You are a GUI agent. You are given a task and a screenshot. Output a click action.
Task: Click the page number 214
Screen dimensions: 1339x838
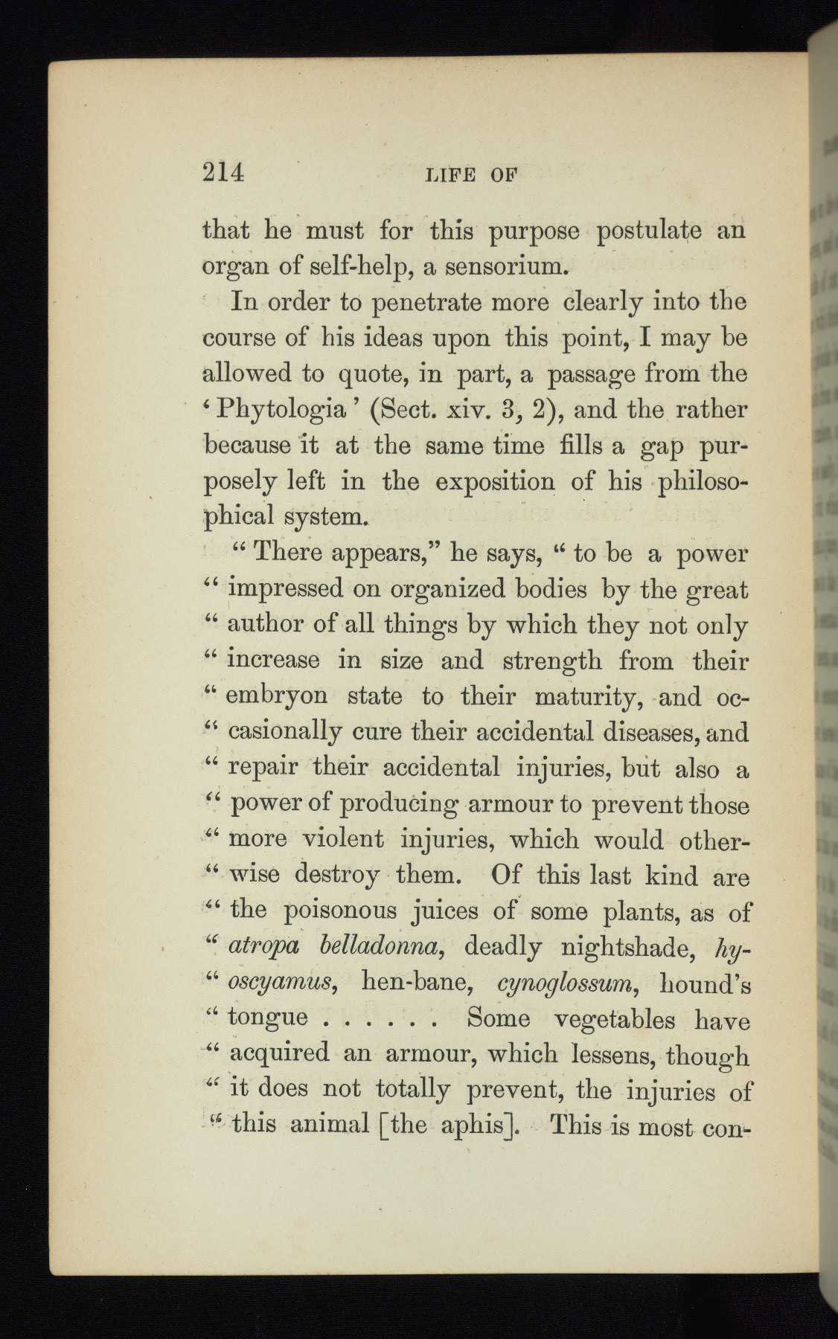tap(223, 173)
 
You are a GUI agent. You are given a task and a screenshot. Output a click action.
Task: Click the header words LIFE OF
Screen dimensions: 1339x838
tap(470, 176)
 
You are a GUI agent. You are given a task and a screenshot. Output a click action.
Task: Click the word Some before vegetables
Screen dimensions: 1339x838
tap(498, 1018)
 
